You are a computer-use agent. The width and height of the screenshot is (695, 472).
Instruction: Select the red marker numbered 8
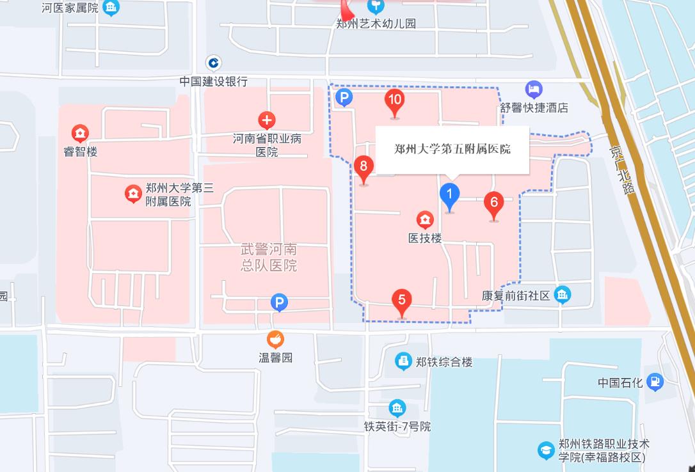click(363, 169)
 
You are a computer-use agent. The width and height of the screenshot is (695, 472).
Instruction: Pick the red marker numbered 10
click(394, 101)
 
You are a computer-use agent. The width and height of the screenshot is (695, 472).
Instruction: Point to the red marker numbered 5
click(401, 301)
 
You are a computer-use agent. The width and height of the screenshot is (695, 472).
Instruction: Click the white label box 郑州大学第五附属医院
click(452, 150)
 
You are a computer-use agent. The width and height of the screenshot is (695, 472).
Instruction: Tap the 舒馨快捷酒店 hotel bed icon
click(534, 90)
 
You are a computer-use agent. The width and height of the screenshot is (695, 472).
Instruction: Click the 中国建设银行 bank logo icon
click(213, 63)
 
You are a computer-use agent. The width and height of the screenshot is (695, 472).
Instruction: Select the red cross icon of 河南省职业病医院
click(267, 120)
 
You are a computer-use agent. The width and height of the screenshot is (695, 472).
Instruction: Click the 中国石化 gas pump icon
click(655, 382)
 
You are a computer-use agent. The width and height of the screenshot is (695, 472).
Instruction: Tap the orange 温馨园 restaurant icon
click(275, 339)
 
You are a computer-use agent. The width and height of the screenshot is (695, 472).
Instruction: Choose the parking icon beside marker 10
click(344, 97)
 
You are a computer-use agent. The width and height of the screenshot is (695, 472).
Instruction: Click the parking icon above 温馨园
click(279, 303)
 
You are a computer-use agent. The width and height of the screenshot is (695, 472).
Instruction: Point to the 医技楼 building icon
click(425, 221)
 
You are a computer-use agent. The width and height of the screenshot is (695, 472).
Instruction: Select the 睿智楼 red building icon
click(80, 134)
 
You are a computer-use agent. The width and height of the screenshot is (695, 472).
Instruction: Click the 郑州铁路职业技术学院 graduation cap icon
click(546, 450)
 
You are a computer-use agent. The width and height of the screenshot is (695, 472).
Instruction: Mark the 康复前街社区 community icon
click(563, 295)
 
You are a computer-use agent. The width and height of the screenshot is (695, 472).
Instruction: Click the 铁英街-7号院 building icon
click(397, 408)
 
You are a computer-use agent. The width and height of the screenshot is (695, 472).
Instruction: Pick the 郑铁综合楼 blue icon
click(403, 361)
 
